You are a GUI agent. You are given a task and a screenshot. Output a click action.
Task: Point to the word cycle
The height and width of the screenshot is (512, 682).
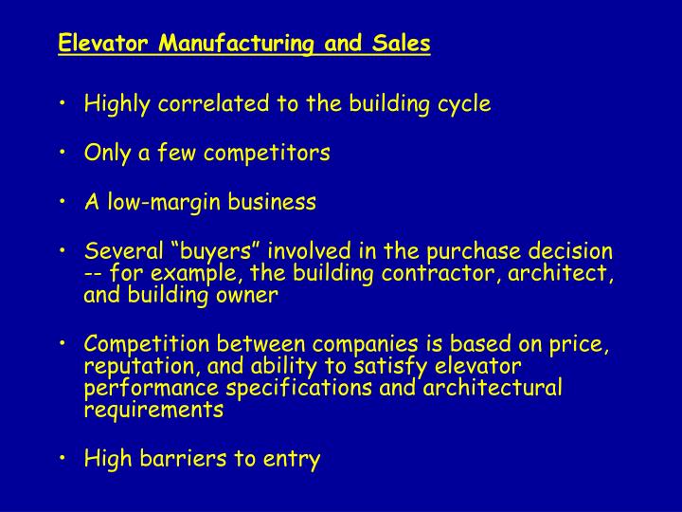click(464, 104)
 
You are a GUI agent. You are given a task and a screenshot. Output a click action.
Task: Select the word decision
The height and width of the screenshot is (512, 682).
click(571, 251)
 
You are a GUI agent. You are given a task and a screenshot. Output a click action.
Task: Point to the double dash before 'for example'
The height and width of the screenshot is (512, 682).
click(94, 273)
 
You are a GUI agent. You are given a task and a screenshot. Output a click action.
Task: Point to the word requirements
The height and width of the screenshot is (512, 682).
click(154, 410)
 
